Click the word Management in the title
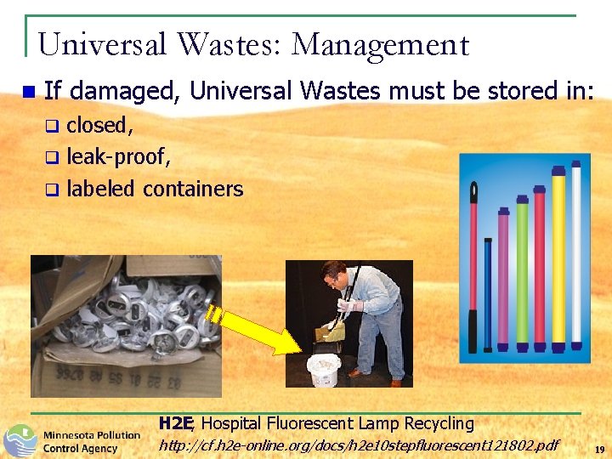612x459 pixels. coord(380,44)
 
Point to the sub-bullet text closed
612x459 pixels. coord(99,126)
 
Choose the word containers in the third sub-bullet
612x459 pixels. coord(193,189)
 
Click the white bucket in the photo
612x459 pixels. coord(324,371)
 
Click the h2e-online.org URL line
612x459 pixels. coord(359,445)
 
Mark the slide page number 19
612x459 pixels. coord(599,450)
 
